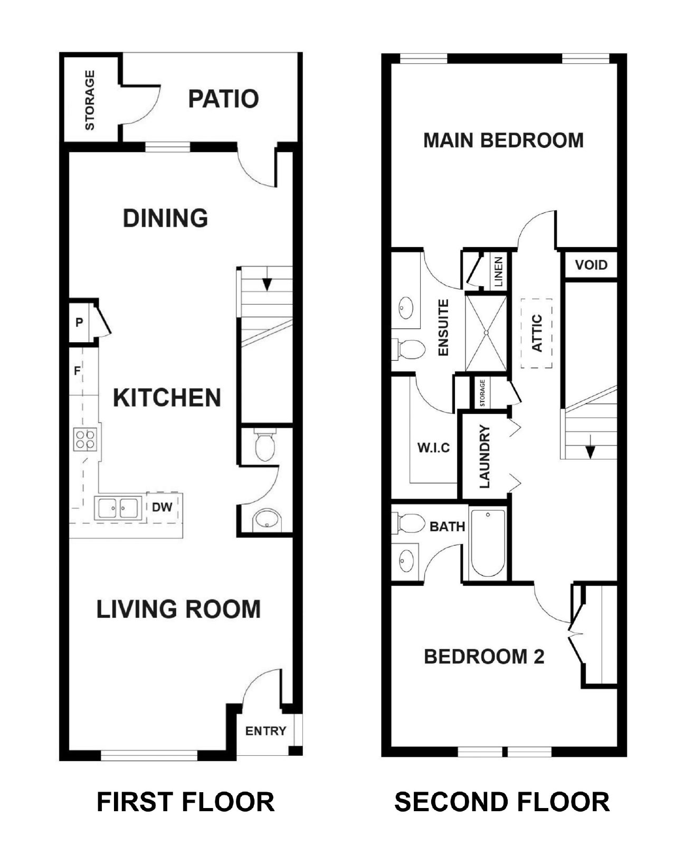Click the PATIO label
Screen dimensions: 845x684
pyautogui.click(x=223, y=99)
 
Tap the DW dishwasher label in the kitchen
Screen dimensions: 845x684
pyautogui.click(x=162, y=507)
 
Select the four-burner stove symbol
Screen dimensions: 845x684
pyautogui.click(x=86, y=439)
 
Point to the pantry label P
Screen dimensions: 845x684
pyautogui.click(x=79, y=322)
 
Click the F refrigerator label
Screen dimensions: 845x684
pyautogui.click(x=77, y=371)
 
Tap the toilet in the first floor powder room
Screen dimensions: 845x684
pyautogui.click(x=264, y=446)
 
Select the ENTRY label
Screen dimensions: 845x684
pyautogui.click(x=265, y=731)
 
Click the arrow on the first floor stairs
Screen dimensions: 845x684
pyautogui.click(x=267, y=284)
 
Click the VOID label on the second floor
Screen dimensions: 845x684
pyautogui.click(x=591, y=265)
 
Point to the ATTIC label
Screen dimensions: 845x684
pyautogui.click(x=537, y=333)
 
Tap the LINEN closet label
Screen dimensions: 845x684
pyautogui.click(x=498, y=271)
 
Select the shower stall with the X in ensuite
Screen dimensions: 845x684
pyautogui.click(x=486, y=333)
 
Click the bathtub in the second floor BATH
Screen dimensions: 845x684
pyautogui.click(x=488, y=543)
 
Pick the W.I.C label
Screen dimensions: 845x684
pyautogui.click(x=433, y=448)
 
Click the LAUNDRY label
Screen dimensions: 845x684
pyautogui.click(x=484, y=456)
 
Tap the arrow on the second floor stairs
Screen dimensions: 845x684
pyautogui.click(x=590, y=450)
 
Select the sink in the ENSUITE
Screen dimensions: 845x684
pyautogui.click(x=406, y=308)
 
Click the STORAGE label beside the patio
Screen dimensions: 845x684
pyautogui.click(x=90, y=100)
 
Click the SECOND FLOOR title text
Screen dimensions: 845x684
pyautogui.click(x=501, y=802)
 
